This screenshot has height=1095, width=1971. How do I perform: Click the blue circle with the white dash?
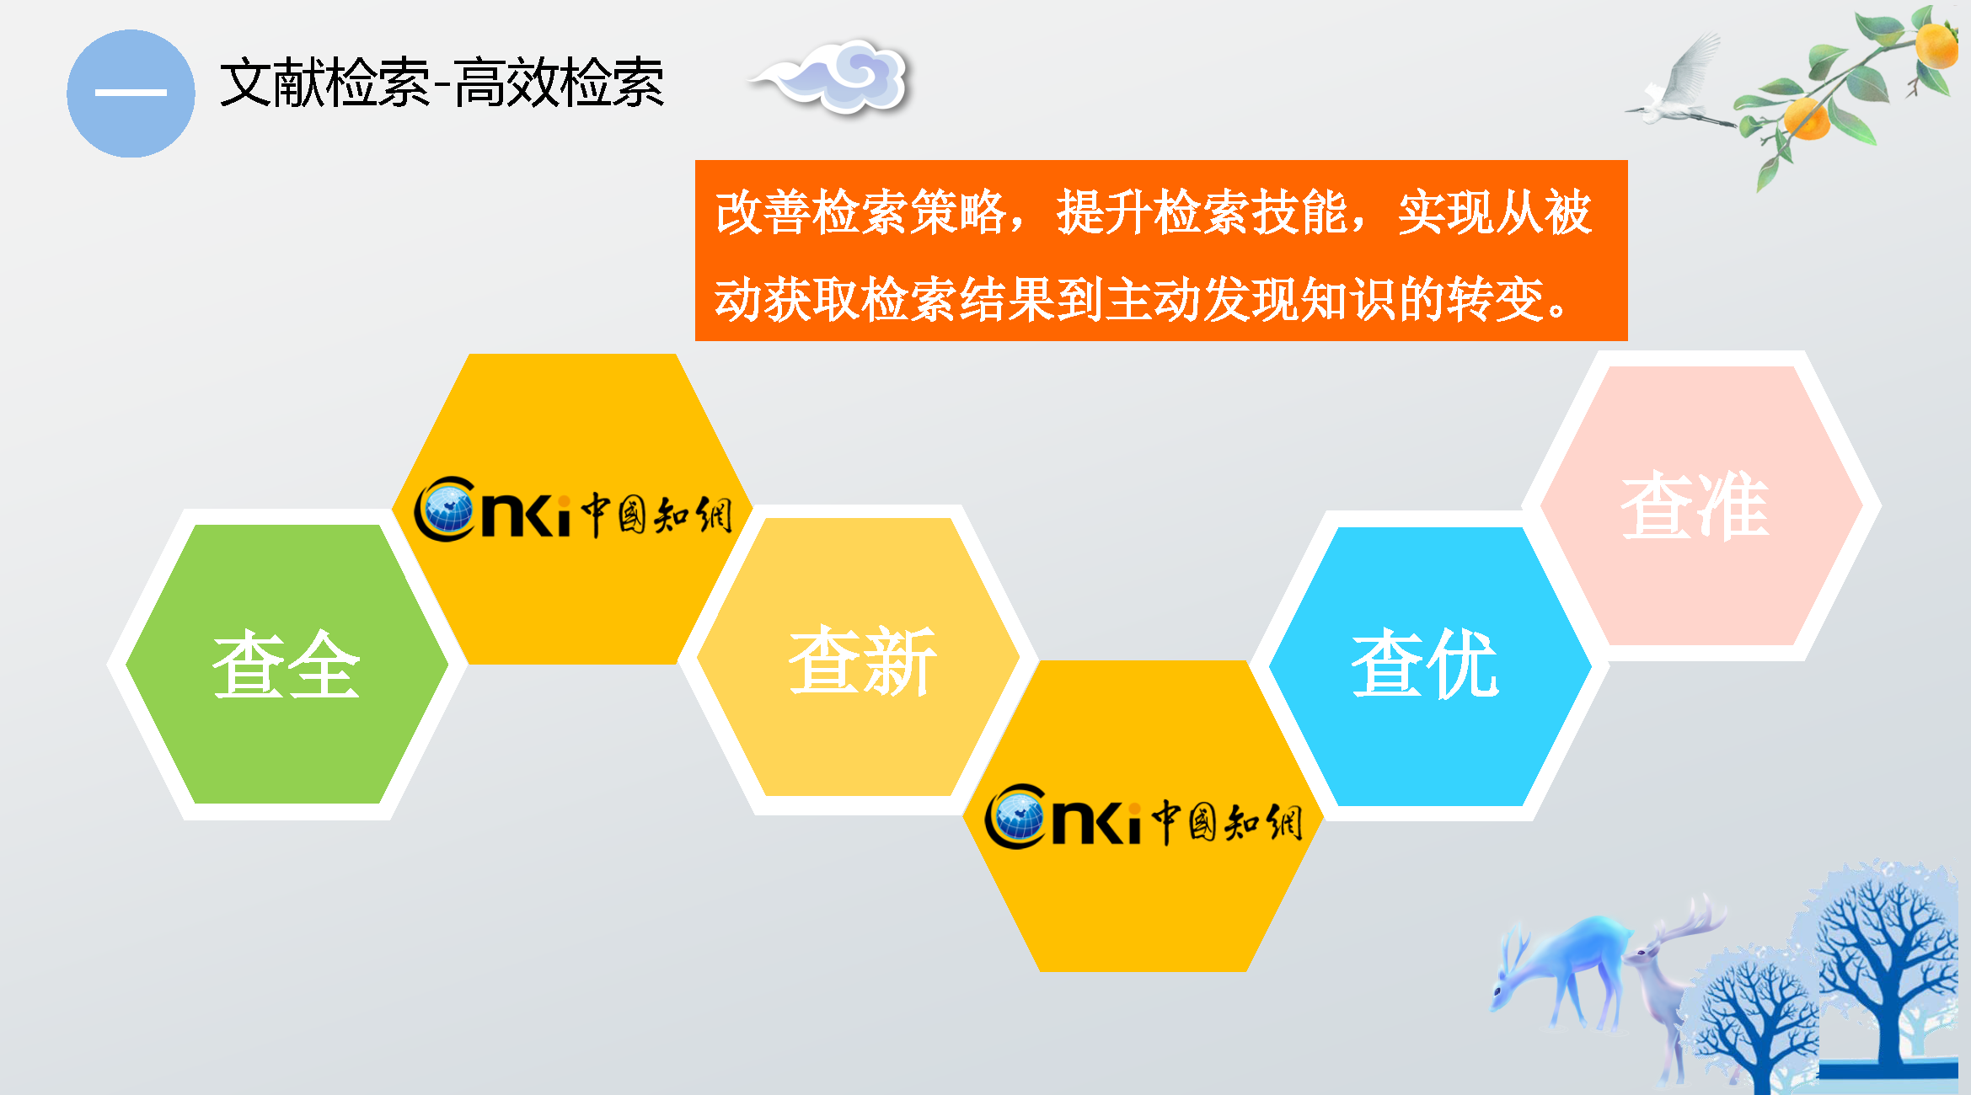click(131, 93)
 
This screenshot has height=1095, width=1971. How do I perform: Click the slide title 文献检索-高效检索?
click(442, 83)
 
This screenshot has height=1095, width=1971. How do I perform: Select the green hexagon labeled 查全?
click(287, 665)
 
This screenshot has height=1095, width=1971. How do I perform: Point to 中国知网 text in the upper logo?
click(656, 515)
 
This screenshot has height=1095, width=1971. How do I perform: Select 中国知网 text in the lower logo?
click(1227, 822)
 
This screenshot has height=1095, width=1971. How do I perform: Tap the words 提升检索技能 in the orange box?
click(1202, 211)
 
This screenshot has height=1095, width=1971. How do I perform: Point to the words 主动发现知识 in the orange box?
click(1251, 299)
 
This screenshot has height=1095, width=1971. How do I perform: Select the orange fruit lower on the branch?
click(1806, 119)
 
